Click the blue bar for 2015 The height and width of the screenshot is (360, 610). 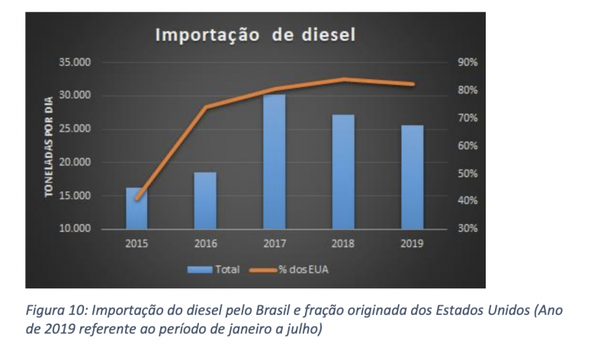tap(136, 208)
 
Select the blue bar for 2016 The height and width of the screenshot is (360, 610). tap(205, 201)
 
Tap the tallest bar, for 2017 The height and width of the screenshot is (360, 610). tap(274, 162)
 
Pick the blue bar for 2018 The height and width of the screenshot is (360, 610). tap(343, 172)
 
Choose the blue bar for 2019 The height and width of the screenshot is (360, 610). tap(412, 177)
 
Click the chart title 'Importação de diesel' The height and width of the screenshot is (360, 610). tap(257, 35)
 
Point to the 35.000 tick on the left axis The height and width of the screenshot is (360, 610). tap(75, 63)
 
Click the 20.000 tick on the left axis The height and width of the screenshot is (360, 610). tap(75, 162)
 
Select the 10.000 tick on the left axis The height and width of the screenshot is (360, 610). tap(75, 229)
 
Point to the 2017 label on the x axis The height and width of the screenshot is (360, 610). tap(274, 244)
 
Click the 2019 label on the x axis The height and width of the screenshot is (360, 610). tap(412, 244)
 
